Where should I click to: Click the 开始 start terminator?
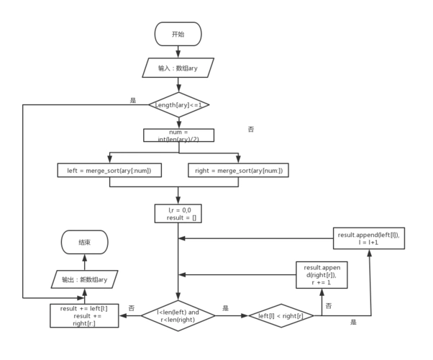click(178, 34)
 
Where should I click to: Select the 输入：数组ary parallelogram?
click(178, 68)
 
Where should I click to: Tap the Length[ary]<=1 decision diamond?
click(178, 105)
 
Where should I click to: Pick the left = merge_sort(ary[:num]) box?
click(109, 170)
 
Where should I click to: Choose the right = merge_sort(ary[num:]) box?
click(238, 170)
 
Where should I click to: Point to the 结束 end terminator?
click(85, 243)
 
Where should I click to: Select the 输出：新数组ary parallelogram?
click(85, 279)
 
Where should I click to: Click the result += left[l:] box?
click(85, 315)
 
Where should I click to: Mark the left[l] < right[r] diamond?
click(286, 315)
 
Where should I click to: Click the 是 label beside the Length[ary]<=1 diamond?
click(133, 100)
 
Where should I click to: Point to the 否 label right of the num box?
click(251, 129)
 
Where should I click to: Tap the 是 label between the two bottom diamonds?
click(225, 308)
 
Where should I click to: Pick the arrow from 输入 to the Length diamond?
click(178, 85)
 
